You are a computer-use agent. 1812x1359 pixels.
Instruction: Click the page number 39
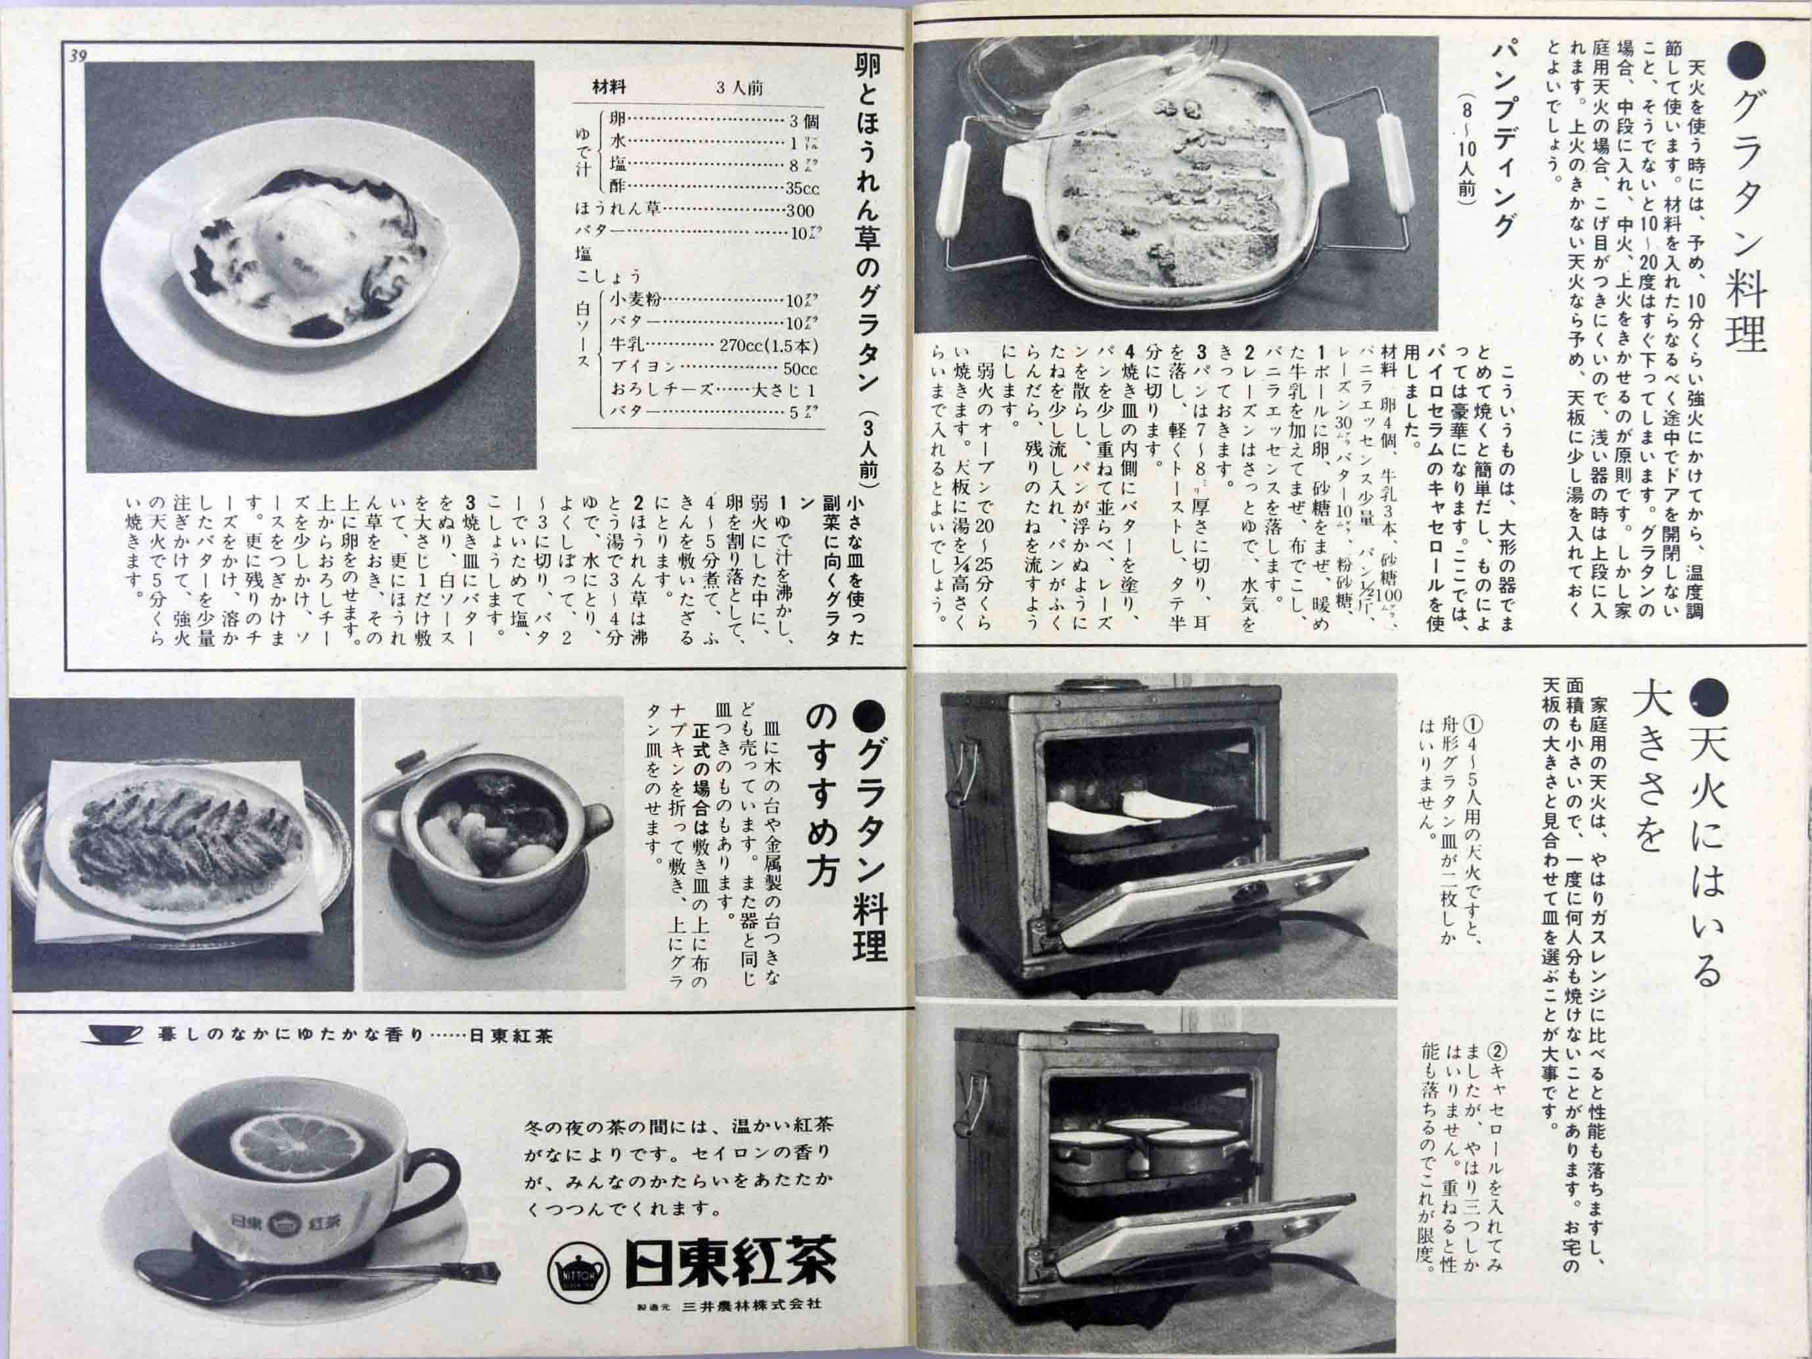pyautogui.click(x=79, y=56)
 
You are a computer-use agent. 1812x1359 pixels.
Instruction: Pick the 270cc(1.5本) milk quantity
pyautogui.click(x=768, y=344)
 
